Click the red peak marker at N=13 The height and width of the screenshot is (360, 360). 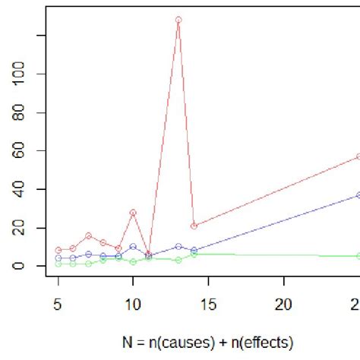click(178, 20)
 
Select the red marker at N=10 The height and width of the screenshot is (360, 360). click(133, 213)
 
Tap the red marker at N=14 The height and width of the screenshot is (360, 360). click(194, 226)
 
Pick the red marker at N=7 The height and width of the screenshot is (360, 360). click(88, 235)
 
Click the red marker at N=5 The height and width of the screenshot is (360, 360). click(58, 250)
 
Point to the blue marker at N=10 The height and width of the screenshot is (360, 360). click(133, 247)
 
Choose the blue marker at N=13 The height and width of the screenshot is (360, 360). click(178, 246)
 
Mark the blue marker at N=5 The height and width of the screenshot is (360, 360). click(58, 258)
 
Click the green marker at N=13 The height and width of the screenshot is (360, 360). click(178, 260)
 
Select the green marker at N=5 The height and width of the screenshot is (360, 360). click(58, 264)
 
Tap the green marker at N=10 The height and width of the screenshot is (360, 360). click(133, 261)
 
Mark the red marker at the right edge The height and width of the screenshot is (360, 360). click(358, 156)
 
